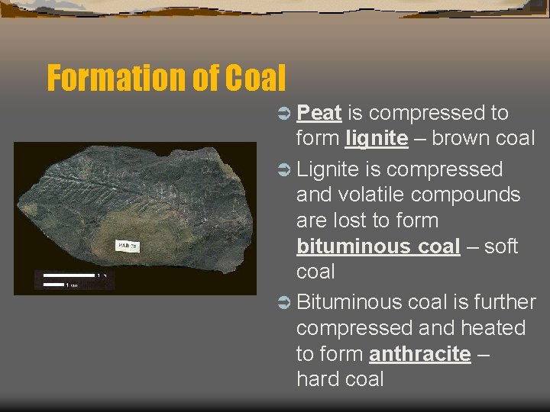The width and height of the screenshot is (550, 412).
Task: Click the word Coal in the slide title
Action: pos(255,78)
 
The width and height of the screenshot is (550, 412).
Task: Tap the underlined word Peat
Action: pos(319,113)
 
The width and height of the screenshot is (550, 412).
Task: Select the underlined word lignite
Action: pos(376,139)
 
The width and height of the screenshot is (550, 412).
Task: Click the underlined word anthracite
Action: pos(419,354)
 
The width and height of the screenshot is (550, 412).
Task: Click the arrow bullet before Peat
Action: pos(283,114)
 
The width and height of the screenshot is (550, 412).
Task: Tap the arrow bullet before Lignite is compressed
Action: pos(283,169)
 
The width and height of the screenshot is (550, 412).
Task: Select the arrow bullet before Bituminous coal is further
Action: pos(283,302)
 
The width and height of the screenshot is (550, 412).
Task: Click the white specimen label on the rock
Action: pos(126,245)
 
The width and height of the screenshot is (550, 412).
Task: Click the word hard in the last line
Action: pos(319,379)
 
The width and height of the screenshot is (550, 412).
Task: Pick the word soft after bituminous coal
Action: pos(501,246)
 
